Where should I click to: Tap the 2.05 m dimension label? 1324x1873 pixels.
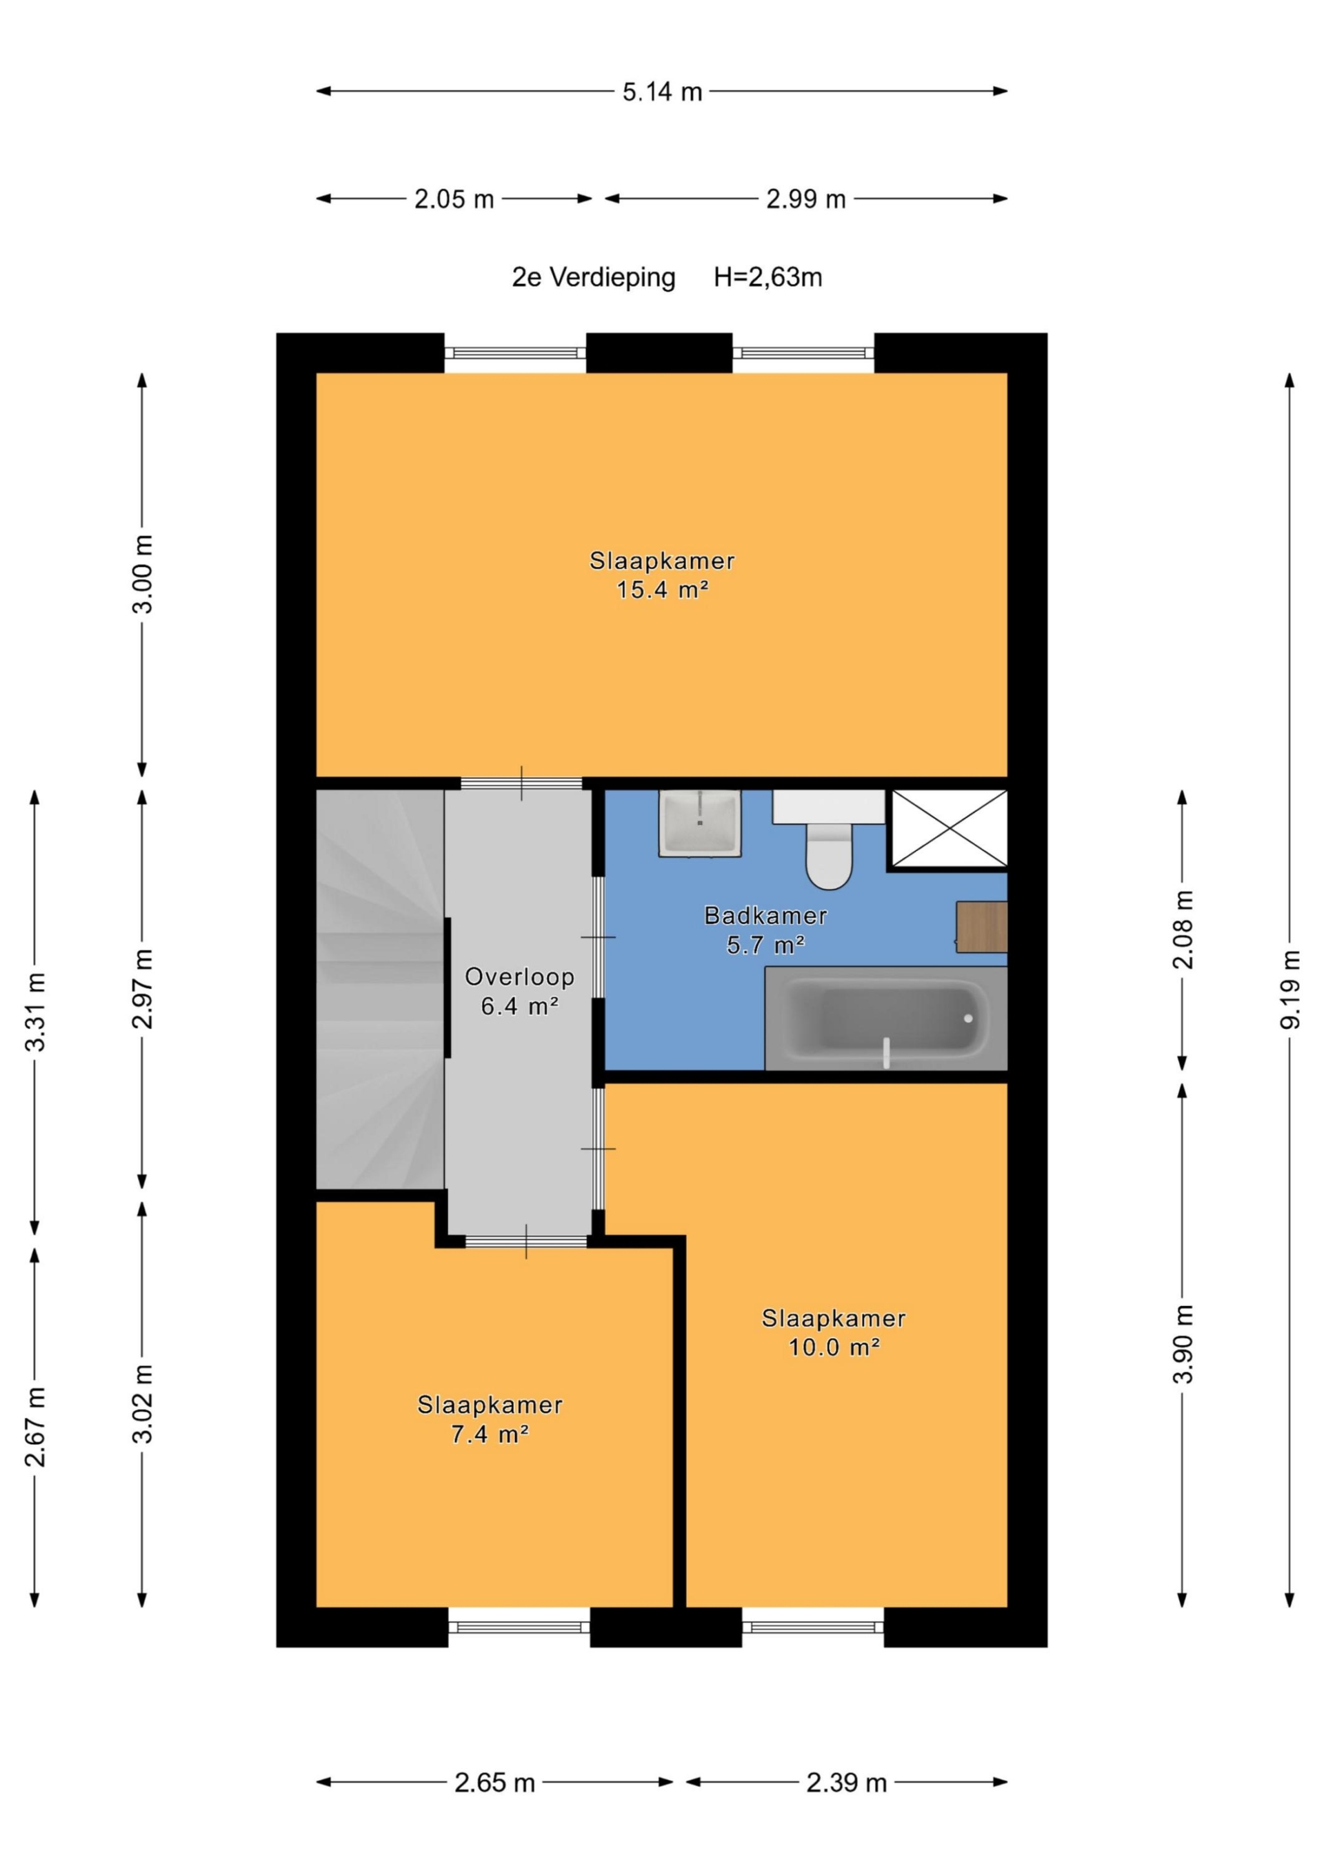pos(454,199)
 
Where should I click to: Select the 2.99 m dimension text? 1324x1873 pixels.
pos(805,199)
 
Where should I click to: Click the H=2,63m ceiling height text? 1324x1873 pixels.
pos(768,277)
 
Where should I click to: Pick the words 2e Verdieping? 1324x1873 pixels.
pos(593,278)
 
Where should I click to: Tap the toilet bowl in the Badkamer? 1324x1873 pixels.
pos(829,855)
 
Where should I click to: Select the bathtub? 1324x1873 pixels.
pos(886,1018)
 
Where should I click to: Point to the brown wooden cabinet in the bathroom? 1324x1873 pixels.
pos(981,927)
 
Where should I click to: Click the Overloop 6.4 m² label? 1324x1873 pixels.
pos(520,991)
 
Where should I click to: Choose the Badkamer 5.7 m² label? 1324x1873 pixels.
pos(765,930)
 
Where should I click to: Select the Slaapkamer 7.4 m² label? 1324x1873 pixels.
pos(490,1419)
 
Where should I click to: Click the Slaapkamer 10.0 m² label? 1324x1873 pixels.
pos(834,1332)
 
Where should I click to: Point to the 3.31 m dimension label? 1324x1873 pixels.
pos(35,1012)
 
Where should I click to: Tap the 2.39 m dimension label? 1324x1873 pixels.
pos(846,1783)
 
